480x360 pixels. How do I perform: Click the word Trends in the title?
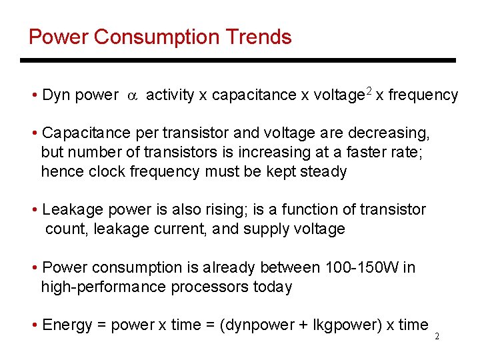click(260, 37)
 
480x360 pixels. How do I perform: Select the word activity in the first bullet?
click(170, 95)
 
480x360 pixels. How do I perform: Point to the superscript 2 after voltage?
click(368, 91)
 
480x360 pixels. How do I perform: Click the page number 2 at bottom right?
click(437, 337)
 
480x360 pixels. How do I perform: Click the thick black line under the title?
click(237, 60)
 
